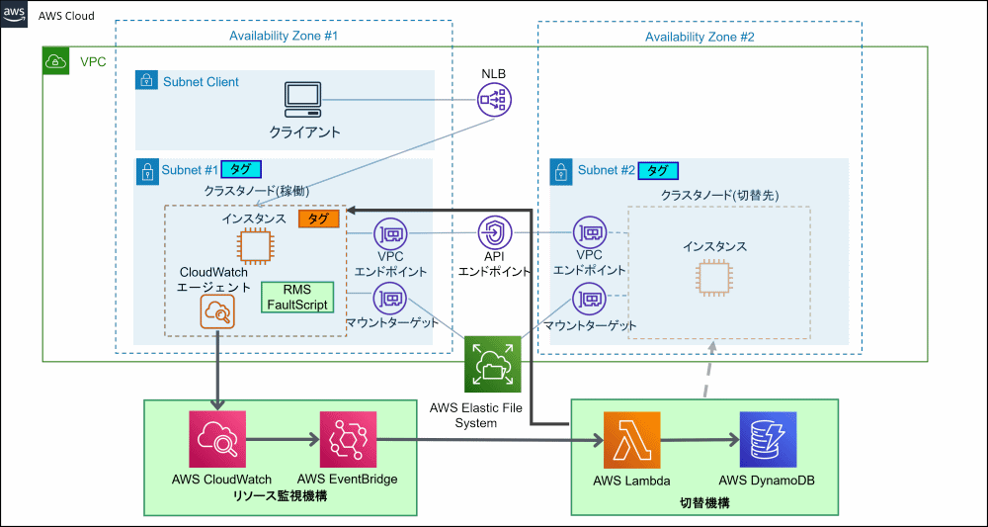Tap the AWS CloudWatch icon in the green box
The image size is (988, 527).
point(217,440)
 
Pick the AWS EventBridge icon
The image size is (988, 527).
point(348,440)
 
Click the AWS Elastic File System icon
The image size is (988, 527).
point(493,365)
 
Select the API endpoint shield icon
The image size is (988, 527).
point(495,233)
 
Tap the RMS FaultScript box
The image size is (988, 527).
point(297,297)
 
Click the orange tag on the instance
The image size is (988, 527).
point(319,219)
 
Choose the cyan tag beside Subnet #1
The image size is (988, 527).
point(239,169)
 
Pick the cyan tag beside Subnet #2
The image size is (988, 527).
point(658,170)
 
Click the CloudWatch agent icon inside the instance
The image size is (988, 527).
point(217,312)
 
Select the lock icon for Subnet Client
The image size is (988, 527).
point(145,80)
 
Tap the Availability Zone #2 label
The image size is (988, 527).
point(700,37)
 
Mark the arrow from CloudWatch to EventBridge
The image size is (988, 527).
point(283,440)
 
